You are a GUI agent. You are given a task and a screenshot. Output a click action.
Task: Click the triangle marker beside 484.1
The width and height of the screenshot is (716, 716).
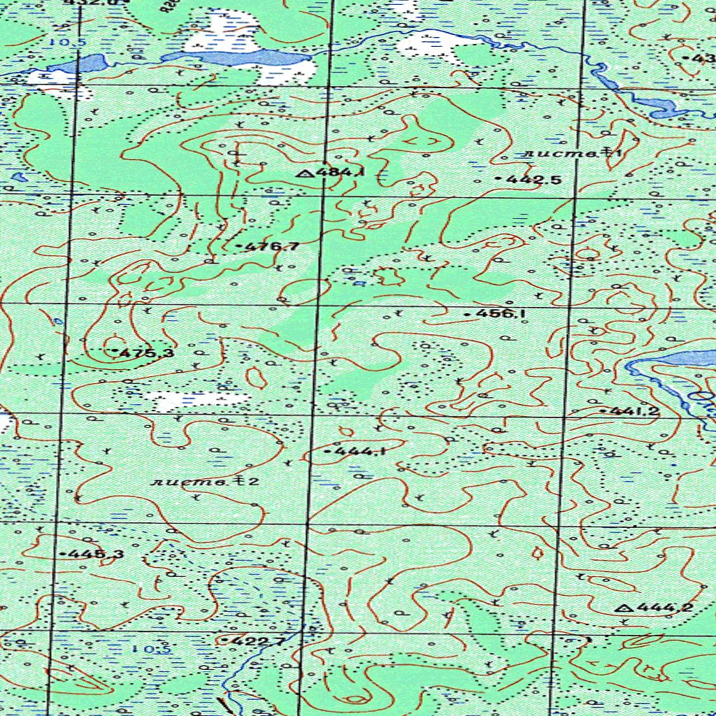[x=304, y=173]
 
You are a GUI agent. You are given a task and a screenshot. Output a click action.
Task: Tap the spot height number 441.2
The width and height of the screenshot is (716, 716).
[x=633, y=411]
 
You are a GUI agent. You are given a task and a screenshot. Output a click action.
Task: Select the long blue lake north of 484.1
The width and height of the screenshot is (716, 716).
[x=238, y=57]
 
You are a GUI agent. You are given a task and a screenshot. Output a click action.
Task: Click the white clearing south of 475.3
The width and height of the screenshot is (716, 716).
[x=199, y=401]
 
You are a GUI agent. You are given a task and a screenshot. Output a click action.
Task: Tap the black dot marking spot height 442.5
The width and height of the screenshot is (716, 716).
[x=498, y=180]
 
